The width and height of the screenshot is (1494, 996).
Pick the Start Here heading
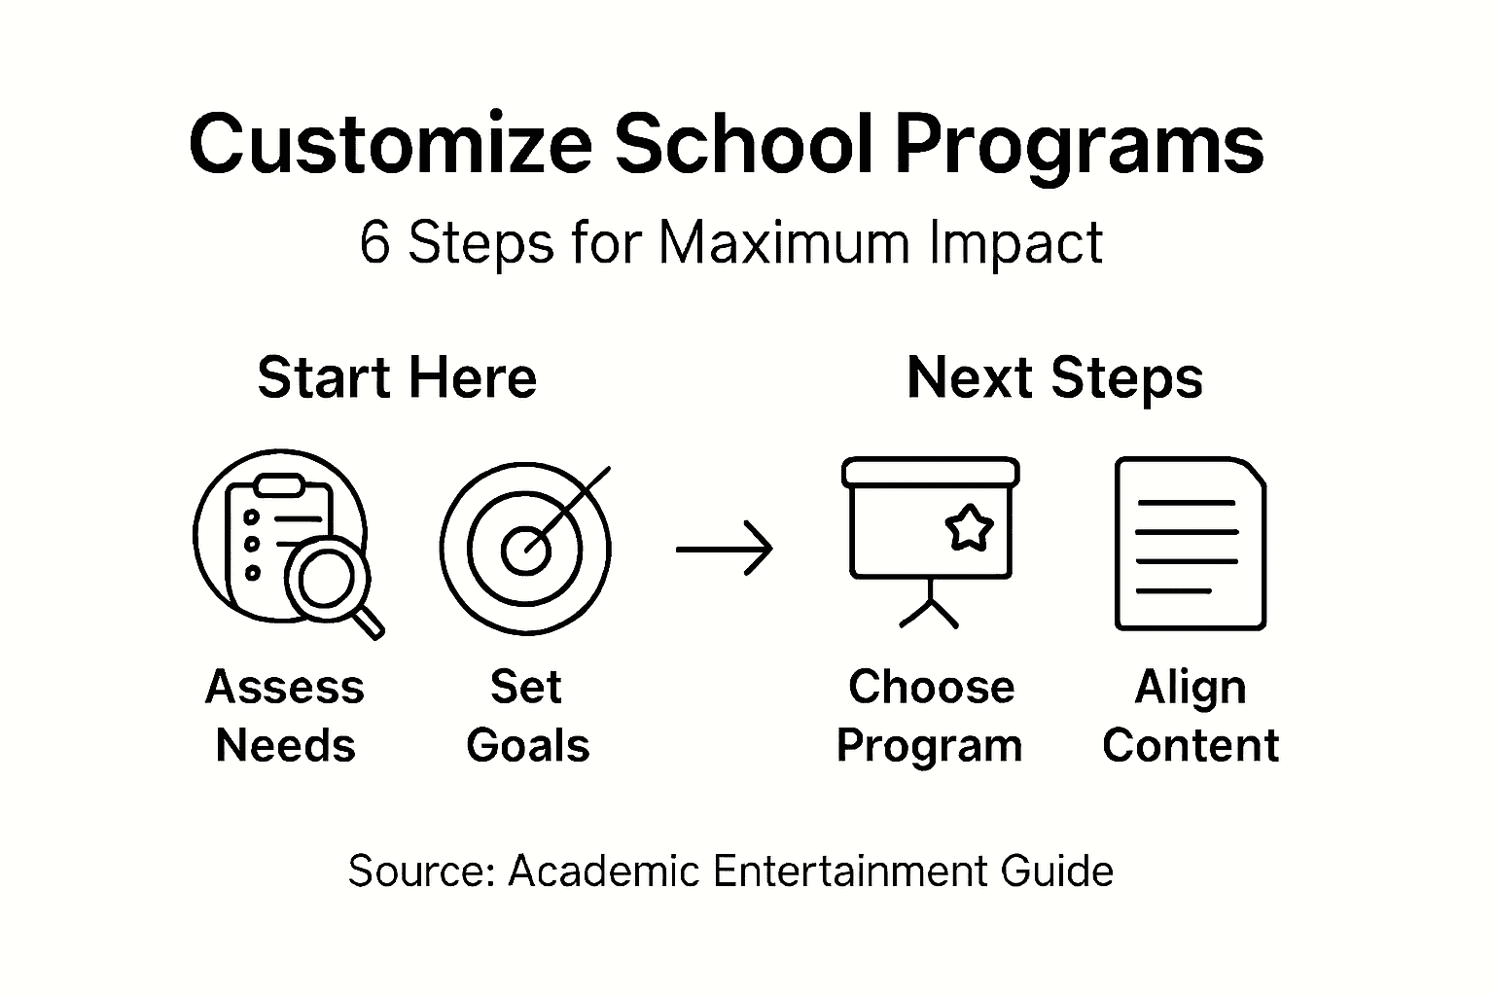pos(397,377)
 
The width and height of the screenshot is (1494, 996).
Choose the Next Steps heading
pos(1054,377)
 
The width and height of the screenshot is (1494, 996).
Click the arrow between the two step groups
pos(725,550)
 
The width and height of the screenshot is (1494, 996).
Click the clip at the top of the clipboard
pos(278,484)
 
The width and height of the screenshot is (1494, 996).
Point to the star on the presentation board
pos(969,528)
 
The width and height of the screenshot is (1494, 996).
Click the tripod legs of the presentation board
pos(929,611)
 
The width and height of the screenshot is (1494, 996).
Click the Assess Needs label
pos(285,716)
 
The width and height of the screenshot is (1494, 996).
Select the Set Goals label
pos(527,716)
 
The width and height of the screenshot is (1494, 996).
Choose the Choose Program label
pos(930,716)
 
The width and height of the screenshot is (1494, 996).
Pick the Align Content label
pos(1191,716)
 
